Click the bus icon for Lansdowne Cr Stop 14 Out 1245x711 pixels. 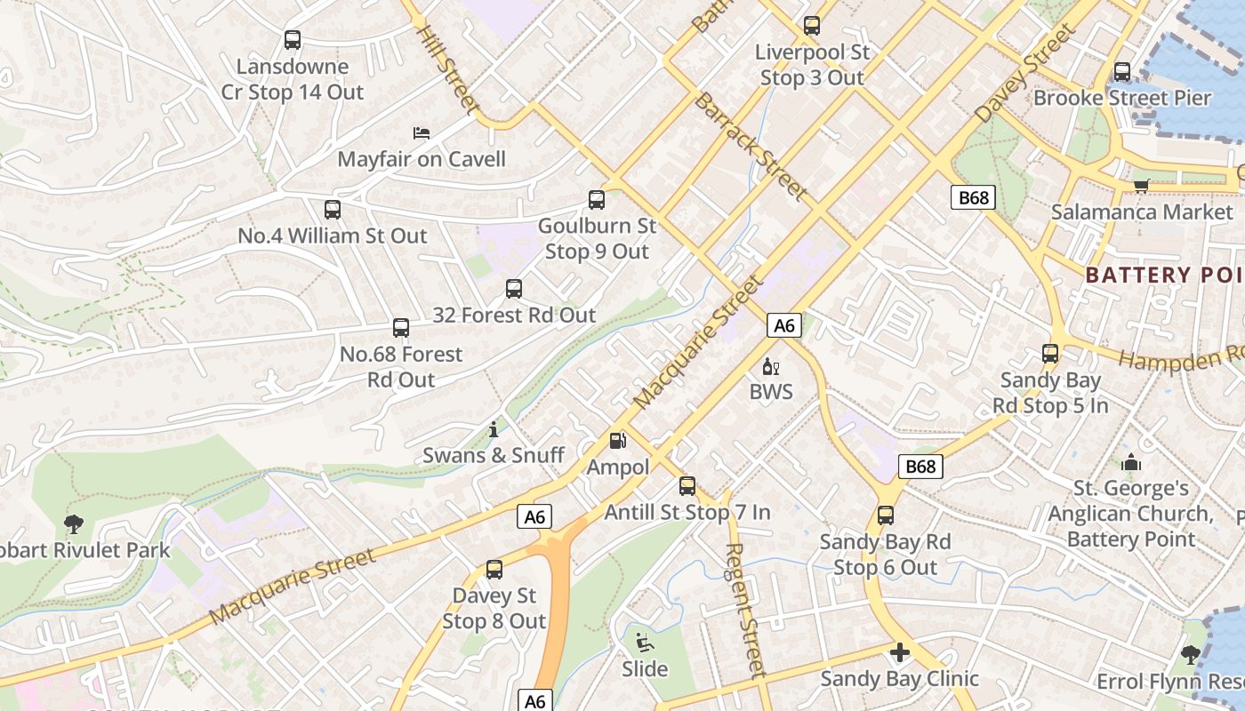[x=293, y=40]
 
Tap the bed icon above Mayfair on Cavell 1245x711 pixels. [x=422, y=133]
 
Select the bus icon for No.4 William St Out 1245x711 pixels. [x=333, y=210]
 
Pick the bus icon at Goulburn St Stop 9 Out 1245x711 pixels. [x=597, y=200]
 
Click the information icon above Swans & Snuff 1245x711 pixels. [x=494, y=430]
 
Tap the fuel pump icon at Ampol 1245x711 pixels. [x=617, y=441]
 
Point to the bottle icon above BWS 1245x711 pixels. [x=770, y=366]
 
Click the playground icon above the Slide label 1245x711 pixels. [x=645, y=643]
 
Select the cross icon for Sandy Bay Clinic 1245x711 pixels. [x=900, y=653]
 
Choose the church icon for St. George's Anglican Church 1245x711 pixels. [x=1131, y=463]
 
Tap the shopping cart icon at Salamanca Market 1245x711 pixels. [x=1141, y=186]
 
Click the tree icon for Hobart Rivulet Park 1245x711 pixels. [x=73, y=525]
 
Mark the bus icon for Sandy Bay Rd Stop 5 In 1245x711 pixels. [x=1050, y=354]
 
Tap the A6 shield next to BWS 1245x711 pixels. [x=783, y=326]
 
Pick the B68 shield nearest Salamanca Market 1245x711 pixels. [x=973, y=197]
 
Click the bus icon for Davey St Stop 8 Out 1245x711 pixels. [x=494, y=570]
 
